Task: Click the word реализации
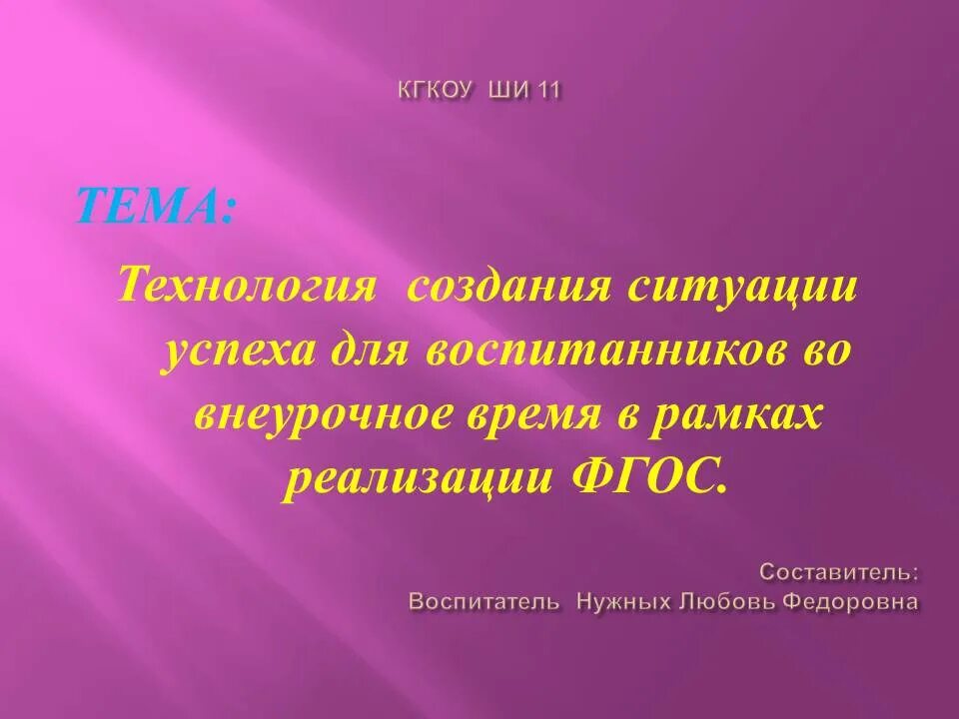click(418, 480)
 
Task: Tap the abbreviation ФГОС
click(649, 480)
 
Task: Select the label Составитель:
click(839, 572)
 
